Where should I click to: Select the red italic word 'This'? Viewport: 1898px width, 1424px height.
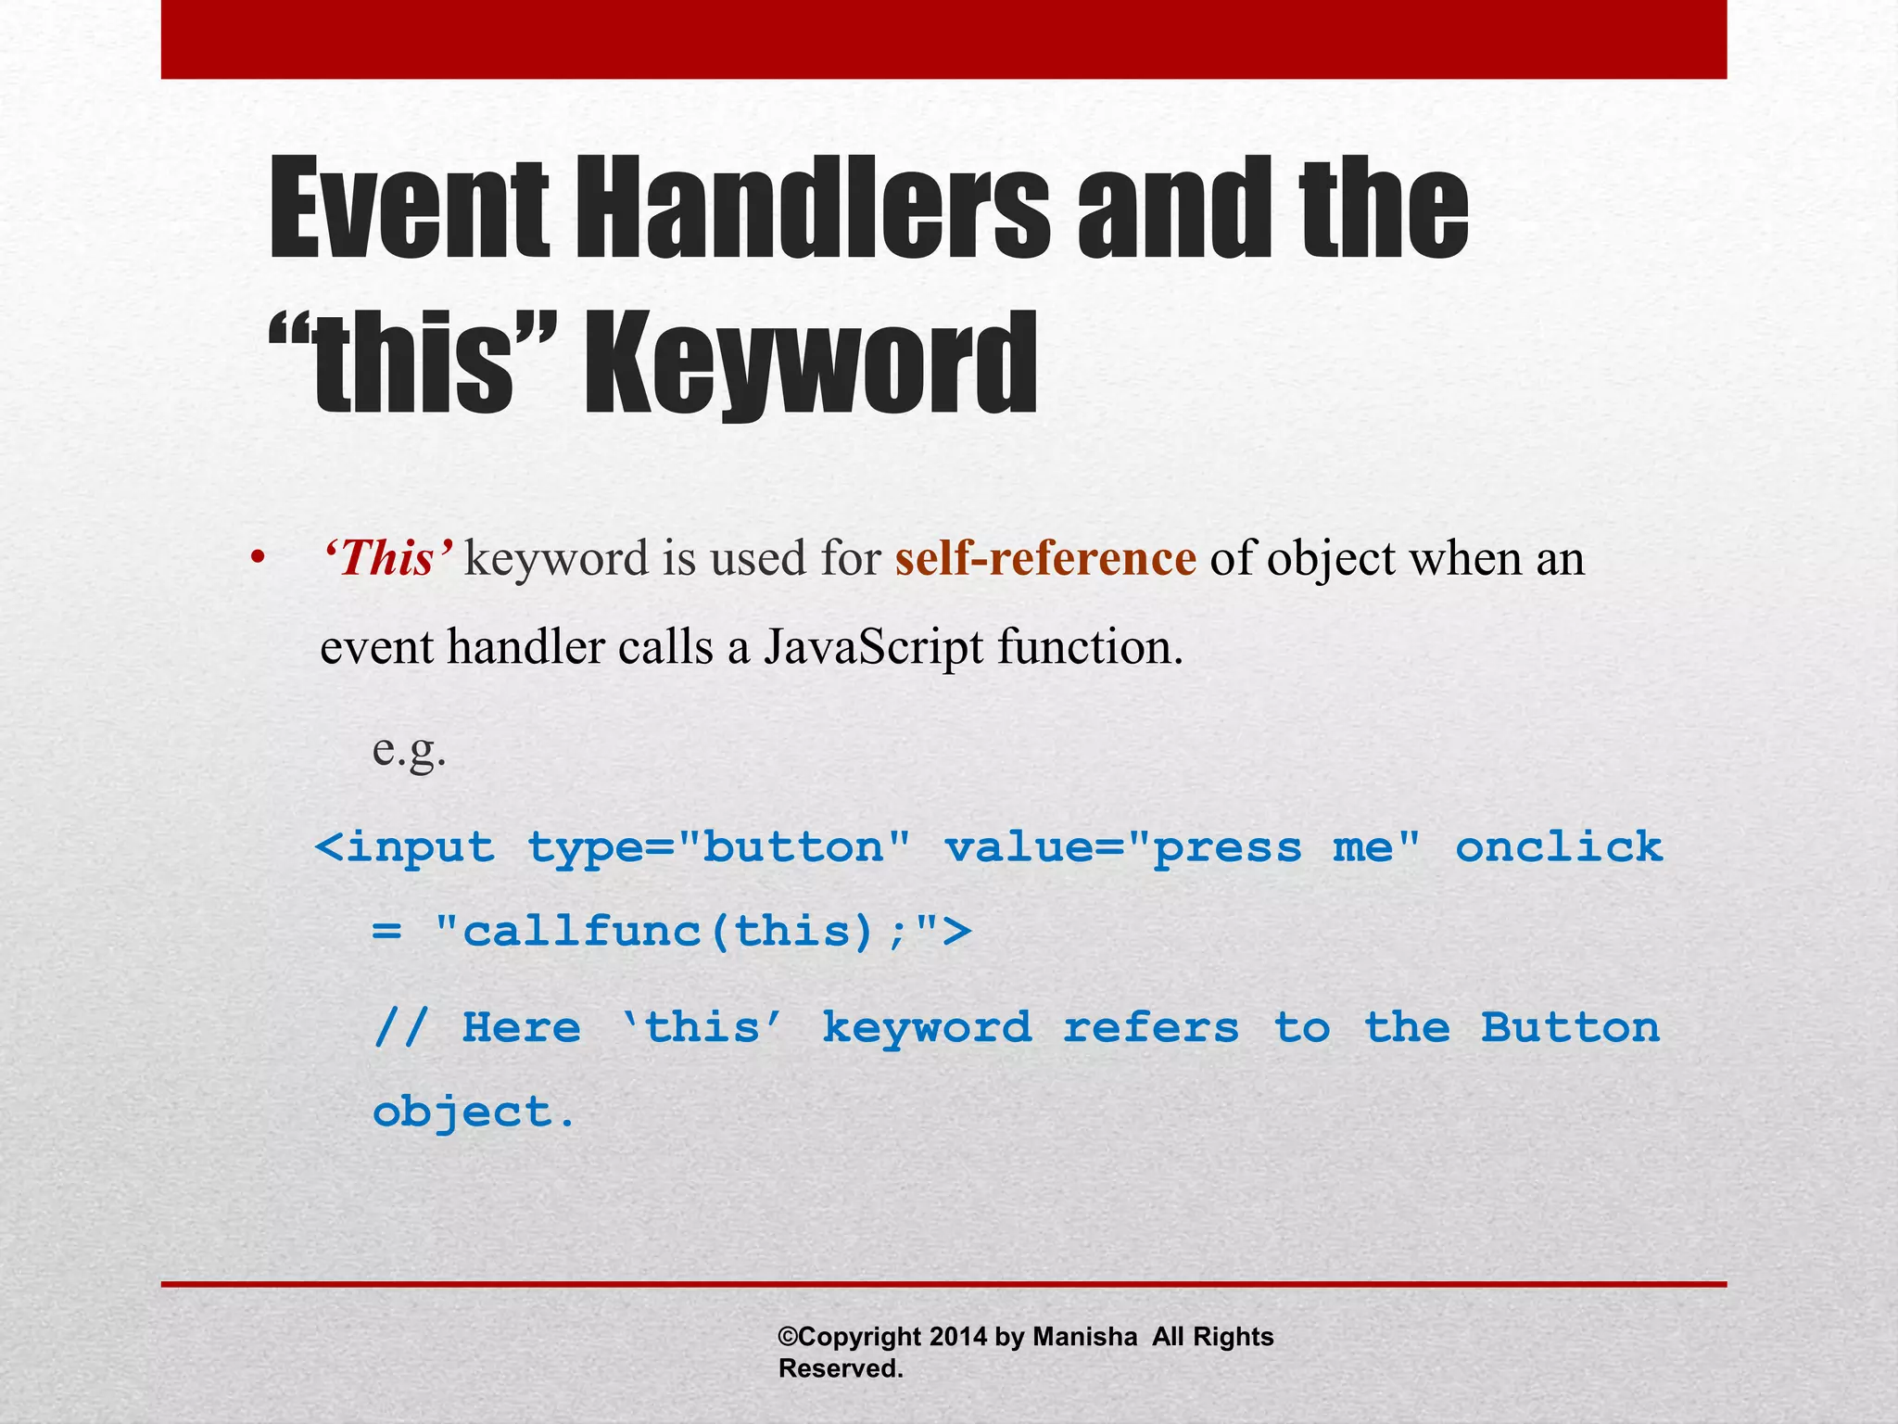pyautogui.click(x=387, y=559)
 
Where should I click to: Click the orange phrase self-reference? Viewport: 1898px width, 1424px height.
pyautogui.click(x=1045, y=559)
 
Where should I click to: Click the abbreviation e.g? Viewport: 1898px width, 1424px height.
pyautogui.click(x=409, y=749)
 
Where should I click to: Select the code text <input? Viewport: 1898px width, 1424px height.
pyautogui.click(x=405, y=847)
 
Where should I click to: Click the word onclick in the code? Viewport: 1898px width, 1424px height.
pyautogui.click(x=1559, y=847)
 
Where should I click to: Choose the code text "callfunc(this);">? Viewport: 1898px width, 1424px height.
pyautogui.click(x=702, y=931)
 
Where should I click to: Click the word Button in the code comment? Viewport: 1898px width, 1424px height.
pyautogui.click(x=1569, y=1027)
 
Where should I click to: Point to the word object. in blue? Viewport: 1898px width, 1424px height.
pyautogui.click(x=474, y=1112)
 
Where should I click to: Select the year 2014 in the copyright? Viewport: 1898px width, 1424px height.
pyautogui.click(x=958, y=1337)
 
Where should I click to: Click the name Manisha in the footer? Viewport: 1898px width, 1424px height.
pyautogui.click(x=1084, y=1337)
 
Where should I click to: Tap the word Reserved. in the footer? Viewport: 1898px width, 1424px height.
pyautogui.click(x=841, y=1368)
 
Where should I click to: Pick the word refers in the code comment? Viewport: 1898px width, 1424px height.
pyautogui.click(x=1150, y=1027)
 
